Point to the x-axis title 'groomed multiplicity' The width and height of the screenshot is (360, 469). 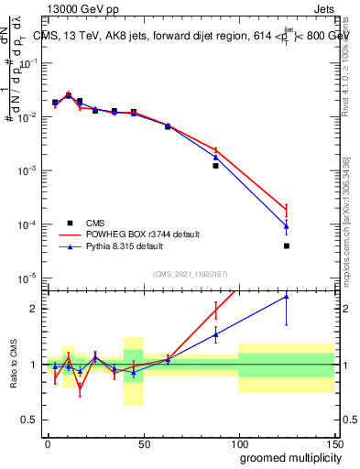tap(286, 456)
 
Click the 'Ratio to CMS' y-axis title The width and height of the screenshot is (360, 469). tap(14, 365)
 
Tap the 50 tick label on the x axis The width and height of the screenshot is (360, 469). tap(143, 442)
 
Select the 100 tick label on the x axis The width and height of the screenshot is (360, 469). tap(238, 442)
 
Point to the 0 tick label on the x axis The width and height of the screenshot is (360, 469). tap(48, 442)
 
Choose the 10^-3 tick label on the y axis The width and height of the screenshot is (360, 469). tap(28, 170)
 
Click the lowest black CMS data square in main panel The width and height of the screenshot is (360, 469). tap(287, 245)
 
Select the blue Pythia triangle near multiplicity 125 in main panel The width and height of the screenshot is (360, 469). tap(287, 225)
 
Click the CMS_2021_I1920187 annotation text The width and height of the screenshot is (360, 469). tap(191, 273)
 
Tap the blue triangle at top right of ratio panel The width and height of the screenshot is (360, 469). tap(287, 296)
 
